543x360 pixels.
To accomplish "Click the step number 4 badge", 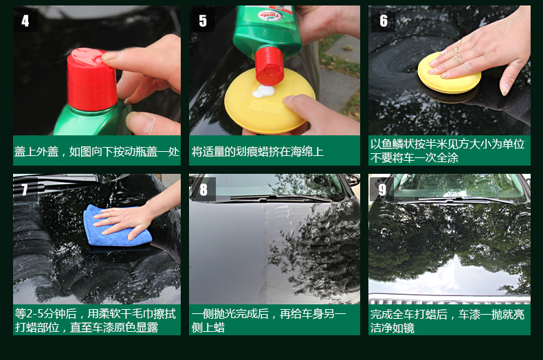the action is click(x=25, y=21).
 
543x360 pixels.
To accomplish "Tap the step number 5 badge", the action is click(x=203, y=21).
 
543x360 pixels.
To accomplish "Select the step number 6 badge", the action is click(x=383, y=21).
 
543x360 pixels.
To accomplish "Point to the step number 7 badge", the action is click(x=24, y=190).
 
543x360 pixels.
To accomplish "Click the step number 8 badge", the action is click(x=203, y=190).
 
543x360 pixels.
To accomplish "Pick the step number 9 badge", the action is click(x=382, y=190).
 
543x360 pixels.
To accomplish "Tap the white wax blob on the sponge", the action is click(x=263, y=91).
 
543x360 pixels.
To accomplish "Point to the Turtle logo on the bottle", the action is click(x=271, y=16).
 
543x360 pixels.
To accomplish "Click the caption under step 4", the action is click(x=97, y=152).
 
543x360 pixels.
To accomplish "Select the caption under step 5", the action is click(x=258, y=152).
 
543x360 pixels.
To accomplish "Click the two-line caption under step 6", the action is click(x=447, y=151).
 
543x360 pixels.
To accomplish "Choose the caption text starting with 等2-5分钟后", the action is click(x=96, y=321).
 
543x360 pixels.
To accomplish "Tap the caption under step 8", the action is click(x=269, y=321).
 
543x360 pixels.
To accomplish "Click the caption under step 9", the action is click(x=447, y=321).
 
